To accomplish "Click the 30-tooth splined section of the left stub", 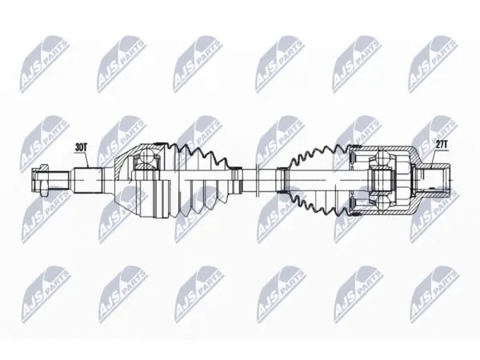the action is tap(87, 180).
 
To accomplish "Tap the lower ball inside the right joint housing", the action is tap(383, 203).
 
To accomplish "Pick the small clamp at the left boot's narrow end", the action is tap(236, 180).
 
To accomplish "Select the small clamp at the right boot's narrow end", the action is tap(281, 180).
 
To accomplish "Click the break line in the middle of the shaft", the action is tap(257, 180).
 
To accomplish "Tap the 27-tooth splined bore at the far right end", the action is tap(434, 180).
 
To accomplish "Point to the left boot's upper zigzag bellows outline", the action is tap(199, 153).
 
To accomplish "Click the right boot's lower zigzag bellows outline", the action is tap(318, 205).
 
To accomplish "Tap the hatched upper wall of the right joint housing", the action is tap(386, 149).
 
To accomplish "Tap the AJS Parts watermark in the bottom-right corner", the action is tap(434, 294).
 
